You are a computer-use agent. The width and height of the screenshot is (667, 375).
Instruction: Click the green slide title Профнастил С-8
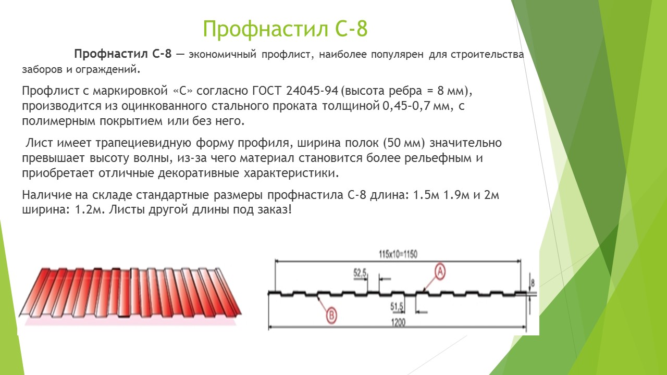point(286,29)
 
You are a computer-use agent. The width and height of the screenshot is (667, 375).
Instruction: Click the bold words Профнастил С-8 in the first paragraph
point(123,54)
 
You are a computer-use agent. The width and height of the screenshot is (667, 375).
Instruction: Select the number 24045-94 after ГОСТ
point(312,91)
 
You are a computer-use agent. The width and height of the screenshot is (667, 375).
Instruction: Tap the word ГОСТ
point(266,91)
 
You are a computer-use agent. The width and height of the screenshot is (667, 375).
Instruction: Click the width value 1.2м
point(89,210)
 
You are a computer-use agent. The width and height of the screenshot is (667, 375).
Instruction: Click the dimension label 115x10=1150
point(398,255)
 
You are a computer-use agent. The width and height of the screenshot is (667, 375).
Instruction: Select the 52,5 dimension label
point(360,272)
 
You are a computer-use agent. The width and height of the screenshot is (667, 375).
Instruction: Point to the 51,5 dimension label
point(397,307)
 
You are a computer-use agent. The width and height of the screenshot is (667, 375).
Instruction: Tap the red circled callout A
point(440,272)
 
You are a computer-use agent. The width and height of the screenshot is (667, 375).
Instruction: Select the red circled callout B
point(331,315)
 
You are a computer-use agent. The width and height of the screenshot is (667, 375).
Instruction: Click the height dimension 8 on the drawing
point(533,283)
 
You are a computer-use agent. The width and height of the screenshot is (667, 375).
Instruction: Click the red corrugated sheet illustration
point(130,293)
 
